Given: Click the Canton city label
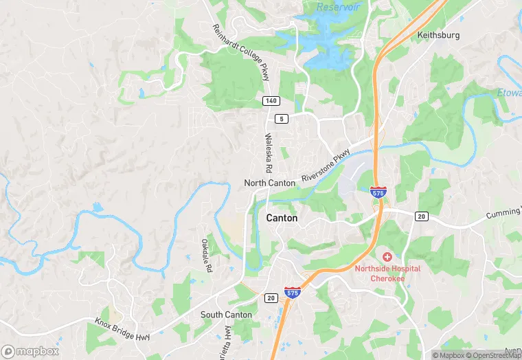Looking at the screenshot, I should [x=282, y=218].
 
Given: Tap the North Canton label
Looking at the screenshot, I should [x=270, y=183].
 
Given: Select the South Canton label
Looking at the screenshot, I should [x=226, y=315].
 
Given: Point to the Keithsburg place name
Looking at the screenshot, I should [x=438, y=34].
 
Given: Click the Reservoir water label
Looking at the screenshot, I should [x=338, y=7].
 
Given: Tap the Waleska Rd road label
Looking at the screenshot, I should [x=269, y=153].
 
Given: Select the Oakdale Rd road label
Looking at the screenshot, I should [x=205, y=254].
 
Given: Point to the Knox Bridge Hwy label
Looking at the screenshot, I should [x=124, y=324].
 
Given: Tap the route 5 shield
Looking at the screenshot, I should [x=281, y=119].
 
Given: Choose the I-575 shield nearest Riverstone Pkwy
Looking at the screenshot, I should [x=377, y=192].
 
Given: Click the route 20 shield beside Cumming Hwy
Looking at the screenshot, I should [x=422, y=216].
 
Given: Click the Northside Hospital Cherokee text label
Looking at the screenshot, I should [x=387, y=273].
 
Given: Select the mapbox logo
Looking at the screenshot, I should [x=30, y=351].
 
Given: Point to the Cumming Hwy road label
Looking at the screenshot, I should [x=504, y=214].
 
